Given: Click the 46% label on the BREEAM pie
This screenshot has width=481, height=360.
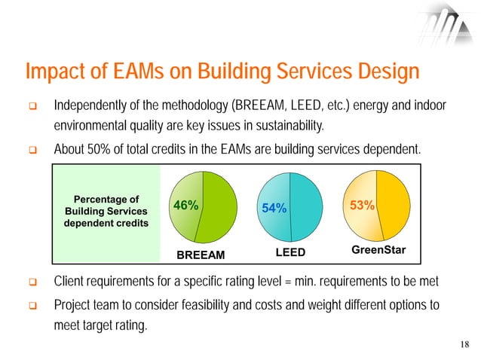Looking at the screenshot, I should [186, 206].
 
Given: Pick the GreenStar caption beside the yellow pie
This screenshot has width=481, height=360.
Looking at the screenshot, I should [380, 249].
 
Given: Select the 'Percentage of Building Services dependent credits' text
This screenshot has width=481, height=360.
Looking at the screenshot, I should [105, 212].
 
